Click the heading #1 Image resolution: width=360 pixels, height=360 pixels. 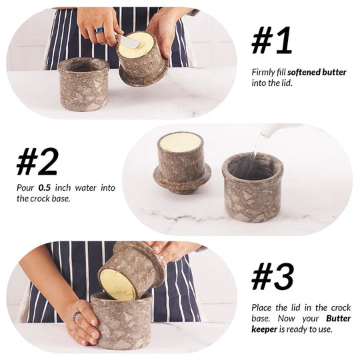coord(271,41)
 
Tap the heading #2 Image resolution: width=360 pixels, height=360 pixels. coord(37,161)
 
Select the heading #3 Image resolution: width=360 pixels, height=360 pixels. coord(272,277)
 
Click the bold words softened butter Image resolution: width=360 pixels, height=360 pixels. coord(317,72)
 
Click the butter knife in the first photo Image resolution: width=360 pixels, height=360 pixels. coord(129,41)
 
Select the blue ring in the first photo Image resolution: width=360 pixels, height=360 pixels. coord(99,31)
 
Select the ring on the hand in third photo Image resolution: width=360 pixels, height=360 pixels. coord(77,316)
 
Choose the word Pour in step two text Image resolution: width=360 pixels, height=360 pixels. coord(25,188)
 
